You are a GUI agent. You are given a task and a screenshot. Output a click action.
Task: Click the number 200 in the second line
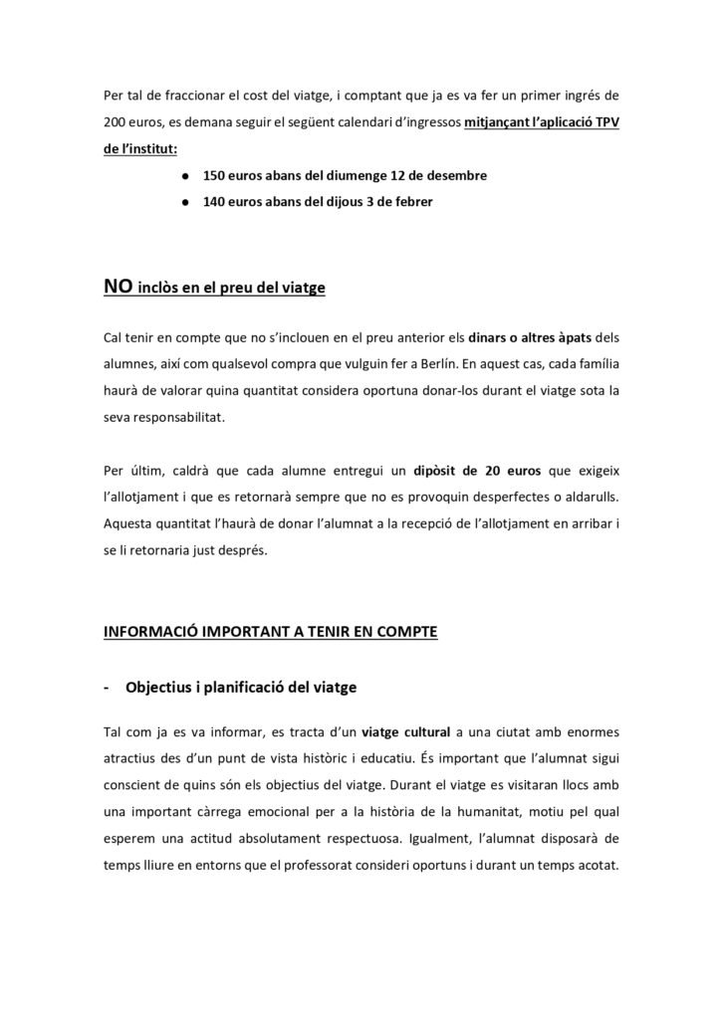pos(116,126)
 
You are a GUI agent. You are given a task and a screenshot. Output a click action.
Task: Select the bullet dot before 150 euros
pos(187,175)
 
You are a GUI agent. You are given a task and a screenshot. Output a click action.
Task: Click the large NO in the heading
pos(118,288)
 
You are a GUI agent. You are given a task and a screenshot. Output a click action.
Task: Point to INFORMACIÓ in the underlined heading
pos(150,631)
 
